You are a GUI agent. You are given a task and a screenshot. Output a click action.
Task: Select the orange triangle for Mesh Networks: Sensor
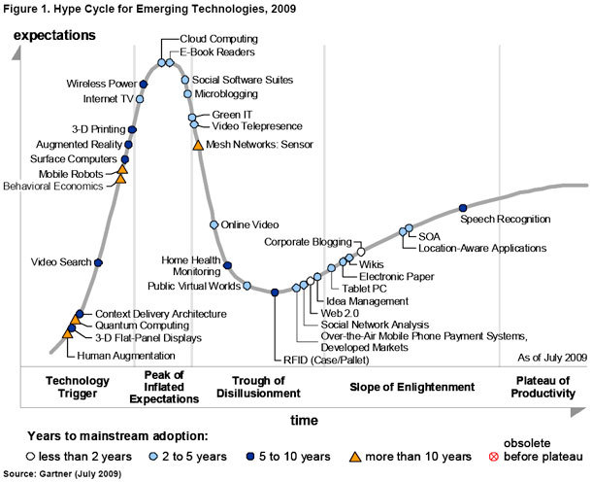198,145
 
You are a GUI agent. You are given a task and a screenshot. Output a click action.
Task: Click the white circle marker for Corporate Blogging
361,251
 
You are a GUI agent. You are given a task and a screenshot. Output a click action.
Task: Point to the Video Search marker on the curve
98,261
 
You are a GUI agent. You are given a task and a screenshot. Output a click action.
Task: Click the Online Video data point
214,224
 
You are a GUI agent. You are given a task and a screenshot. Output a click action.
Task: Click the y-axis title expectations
53,35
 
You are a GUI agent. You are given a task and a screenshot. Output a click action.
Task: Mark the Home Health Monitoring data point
227,264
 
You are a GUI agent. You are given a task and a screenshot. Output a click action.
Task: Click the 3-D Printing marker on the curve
132,128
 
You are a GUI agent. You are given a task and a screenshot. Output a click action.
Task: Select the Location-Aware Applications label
481,249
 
